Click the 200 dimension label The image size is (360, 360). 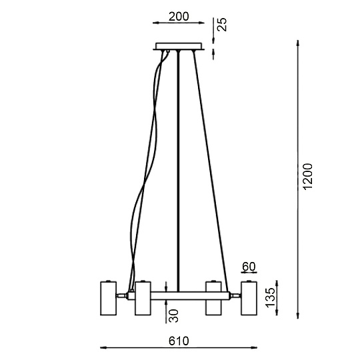click(x=179, y=17)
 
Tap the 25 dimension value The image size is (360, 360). click(x=222, y=25)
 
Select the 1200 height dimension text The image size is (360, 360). click(x=307, y=177)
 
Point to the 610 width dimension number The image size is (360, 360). click(x=179, y=341)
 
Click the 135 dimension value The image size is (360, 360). click(x=270, y=297)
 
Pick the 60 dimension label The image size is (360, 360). click(x=249, y=267)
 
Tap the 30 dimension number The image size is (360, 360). click(x=173, y=316)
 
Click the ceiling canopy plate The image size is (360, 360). click(x=179, y=46)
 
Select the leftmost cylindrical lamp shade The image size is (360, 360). click(x=109, y=298)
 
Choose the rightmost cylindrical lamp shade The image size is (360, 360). click(x=249, y=298)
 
